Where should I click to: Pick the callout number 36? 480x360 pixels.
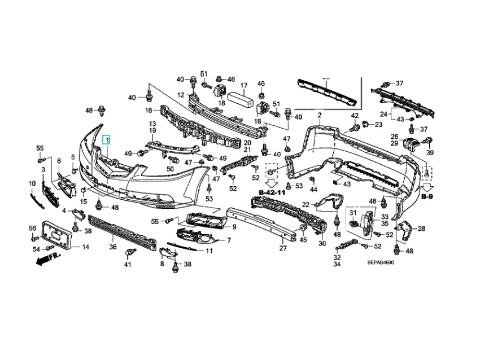[112, 247]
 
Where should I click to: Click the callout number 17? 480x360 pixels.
[244, 86]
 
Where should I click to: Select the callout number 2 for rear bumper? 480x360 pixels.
[319, 115]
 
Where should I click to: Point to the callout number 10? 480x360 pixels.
[32, 183]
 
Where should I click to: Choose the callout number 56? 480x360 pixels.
[32, 227]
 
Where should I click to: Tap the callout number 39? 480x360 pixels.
[430, 153]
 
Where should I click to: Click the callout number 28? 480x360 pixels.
[422, 229]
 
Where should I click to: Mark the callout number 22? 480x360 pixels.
[306, 204]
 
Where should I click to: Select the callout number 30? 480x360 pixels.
[322, 243]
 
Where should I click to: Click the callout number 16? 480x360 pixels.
[149, 110]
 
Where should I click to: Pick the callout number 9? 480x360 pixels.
[233, 227]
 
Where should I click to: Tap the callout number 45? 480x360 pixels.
[303, 239]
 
